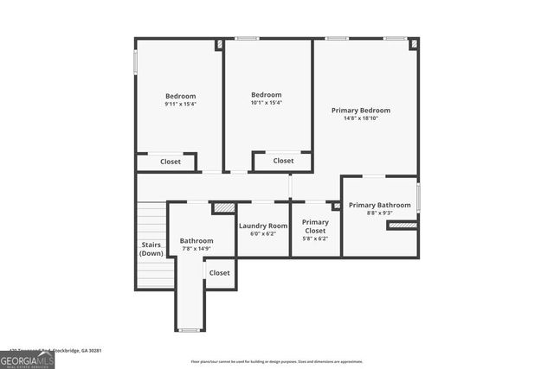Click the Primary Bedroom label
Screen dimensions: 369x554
(x=361, y=110)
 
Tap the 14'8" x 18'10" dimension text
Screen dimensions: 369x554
(x=361, y=118)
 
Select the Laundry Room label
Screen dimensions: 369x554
(x=262, y=226)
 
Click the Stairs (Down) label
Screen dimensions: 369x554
(x=151, y=249)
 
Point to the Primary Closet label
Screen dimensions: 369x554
(x=315, y=226)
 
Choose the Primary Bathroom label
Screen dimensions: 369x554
(x=379, y=205)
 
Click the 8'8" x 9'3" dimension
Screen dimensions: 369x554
(x=379, y=213)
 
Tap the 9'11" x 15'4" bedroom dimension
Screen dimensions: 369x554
(x=180, y=104)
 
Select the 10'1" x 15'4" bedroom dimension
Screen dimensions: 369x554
(x=266, y=103)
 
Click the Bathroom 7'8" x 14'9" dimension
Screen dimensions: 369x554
(x=196, y=249)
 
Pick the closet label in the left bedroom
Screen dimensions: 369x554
(x=171, y=162)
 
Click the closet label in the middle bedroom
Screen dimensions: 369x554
(x=283, y=161)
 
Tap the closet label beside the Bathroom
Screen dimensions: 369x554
(x=220, y=273)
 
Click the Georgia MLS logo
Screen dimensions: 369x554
(x=27, y=359)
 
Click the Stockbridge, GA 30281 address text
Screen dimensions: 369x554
(x=74, y=350)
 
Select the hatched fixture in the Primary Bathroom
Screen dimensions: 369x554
(x=402, y=226)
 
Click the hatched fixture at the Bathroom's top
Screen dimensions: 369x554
(x=224, y=207)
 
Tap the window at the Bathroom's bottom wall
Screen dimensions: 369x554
(x=189, y=330)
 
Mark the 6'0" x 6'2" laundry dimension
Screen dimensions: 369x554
(x=262, y=234)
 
